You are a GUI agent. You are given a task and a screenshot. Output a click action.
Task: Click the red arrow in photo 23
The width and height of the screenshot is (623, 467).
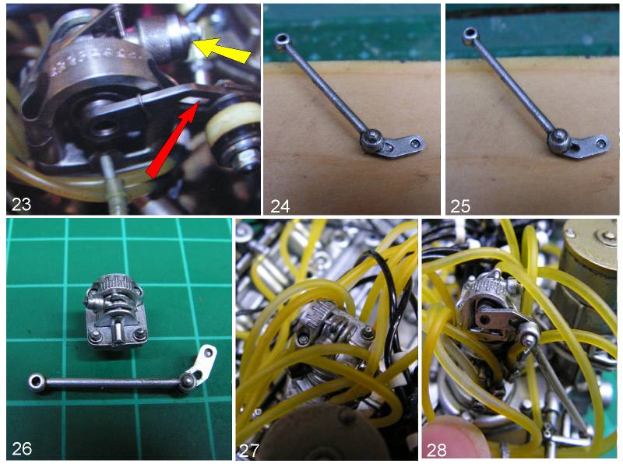pyautogui.click(x=173, y=138)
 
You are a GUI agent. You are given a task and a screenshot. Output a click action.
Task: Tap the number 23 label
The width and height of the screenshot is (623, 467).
pyautogui.click(x=22, y=205)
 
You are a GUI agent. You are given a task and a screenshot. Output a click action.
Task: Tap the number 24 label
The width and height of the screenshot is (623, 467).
pyautogui.click(x=280, y=206)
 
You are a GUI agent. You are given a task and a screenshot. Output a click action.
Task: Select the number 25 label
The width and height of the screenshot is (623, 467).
pyautogui.click(x=460, y=206)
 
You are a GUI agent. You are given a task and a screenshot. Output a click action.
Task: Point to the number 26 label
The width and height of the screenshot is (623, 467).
pyautogui.click(x=22, y=449)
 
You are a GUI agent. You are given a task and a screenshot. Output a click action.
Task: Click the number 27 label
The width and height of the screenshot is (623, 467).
pyautogui.click(x=249, y=451)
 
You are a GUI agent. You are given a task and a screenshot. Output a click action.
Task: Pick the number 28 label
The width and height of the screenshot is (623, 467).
pyautogui.click(x=437, y=451)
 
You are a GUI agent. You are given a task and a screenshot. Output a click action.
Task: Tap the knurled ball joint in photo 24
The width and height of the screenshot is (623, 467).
pyautogui.click(x=371, y=140)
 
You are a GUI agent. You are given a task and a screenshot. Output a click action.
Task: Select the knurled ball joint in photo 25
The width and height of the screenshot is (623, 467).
pyautogui.click(x=559, y=140)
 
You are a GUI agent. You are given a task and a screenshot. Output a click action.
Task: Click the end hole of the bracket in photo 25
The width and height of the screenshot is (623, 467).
pyautogui.click(x=602, y=142)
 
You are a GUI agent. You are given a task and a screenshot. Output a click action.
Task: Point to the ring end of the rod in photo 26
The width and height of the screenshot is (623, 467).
pyautogui.click(x=37, y=381)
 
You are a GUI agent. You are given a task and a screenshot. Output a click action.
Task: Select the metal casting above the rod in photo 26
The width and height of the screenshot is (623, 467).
pyautogui.click(x=114, y=310)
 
